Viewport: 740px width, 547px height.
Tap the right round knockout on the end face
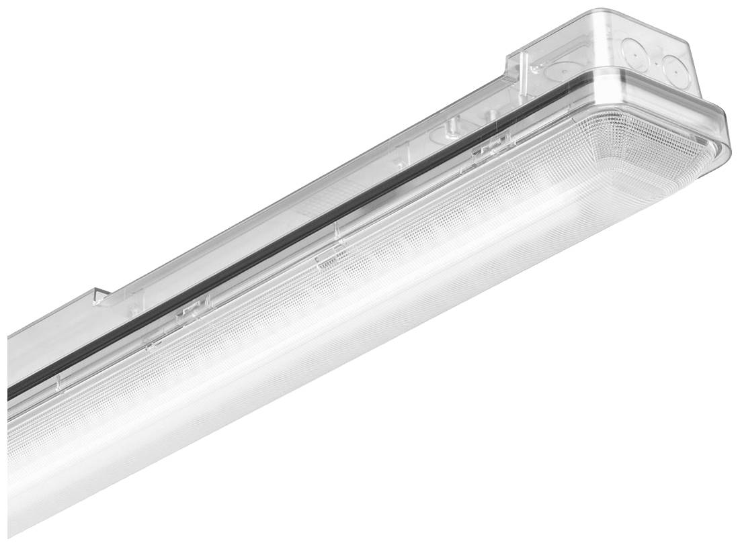tap(673, 66)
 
